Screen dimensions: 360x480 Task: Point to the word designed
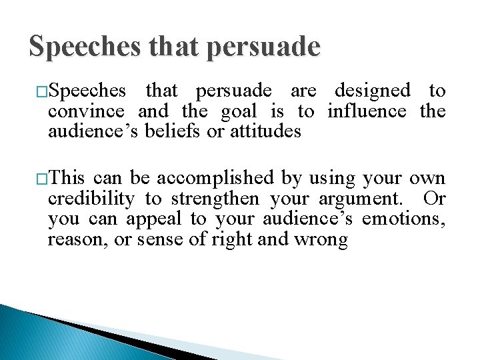[372, 90]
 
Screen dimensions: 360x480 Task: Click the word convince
[86, 111]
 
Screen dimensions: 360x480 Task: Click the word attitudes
[265, 131]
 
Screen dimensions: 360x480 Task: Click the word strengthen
[215, 199]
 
